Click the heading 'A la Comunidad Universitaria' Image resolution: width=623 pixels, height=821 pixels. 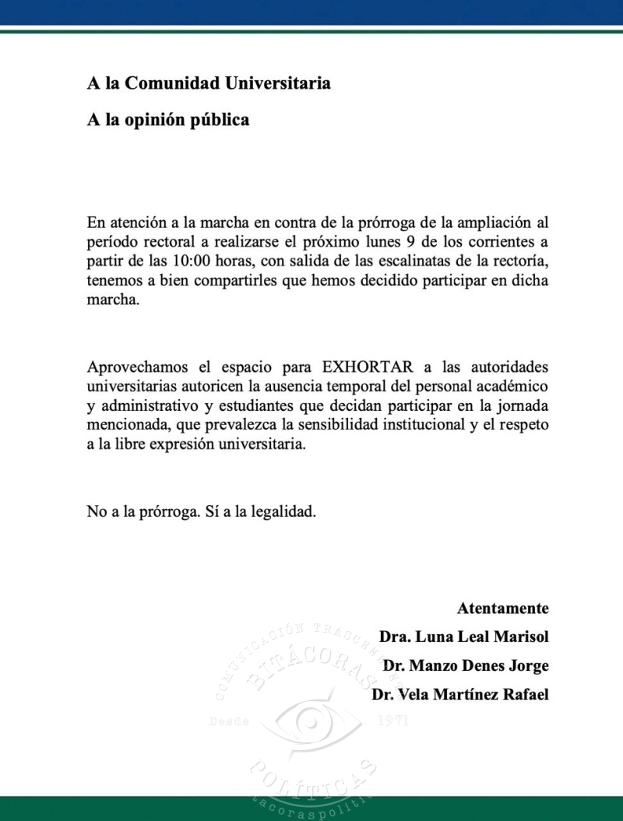tap(209, 83)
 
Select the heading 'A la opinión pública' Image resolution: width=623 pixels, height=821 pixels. tap(168, 121)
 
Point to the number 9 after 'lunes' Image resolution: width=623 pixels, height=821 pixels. tap(410, 241)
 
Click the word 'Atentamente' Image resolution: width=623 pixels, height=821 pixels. tap(502, 608)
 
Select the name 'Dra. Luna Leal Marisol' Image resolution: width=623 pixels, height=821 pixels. tap(464, 637)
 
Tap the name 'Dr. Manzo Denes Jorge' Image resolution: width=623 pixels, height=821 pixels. tap(466, 665)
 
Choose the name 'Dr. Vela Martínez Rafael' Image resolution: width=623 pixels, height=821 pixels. tap(460, 694)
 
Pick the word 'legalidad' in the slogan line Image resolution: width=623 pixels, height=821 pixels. tap(285, 513)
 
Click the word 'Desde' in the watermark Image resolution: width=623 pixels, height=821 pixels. tap(230, 720)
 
